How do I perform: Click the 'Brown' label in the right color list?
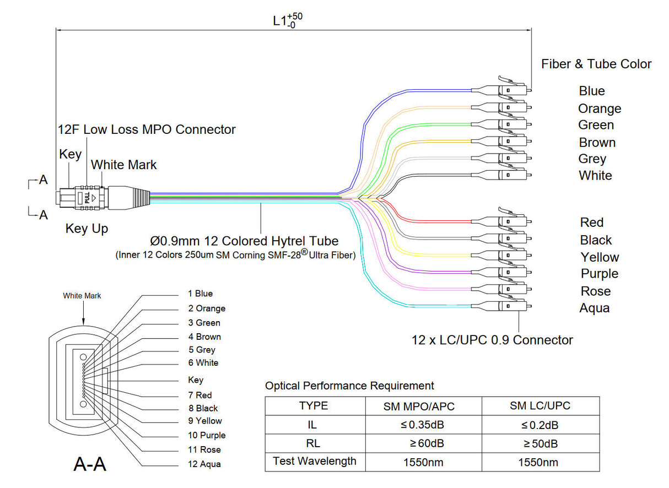tap(597, 143)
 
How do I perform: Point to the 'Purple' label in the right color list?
tap(600, 274)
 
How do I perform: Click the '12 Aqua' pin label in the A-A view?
tap(204, 464)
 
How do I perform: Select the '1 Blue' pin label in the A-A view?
tap(200, 294)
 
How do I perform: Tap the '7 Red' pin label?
tap(199, 395)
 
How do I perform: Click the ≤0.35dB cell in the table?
tap(423, 425)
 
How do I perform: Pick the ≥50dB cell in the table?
tap(540, 443)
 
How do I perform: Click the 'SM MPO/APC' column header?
tap(423, 406)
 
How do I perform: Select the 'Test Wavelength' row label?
tap(315, 461)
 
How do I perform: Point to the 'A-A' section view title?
tap(90, 465)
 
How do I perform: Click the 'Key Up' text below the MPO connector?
tap(87, 229)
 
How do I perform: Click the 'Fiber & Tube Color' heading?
tap(596, 64)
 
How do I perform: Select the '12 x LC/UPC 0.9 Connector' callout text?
tap(492, 340)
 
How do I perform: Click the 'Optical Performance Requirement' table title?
tap(349, 386)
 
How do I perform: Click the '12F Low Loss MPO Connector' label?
tap(147, 129)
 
